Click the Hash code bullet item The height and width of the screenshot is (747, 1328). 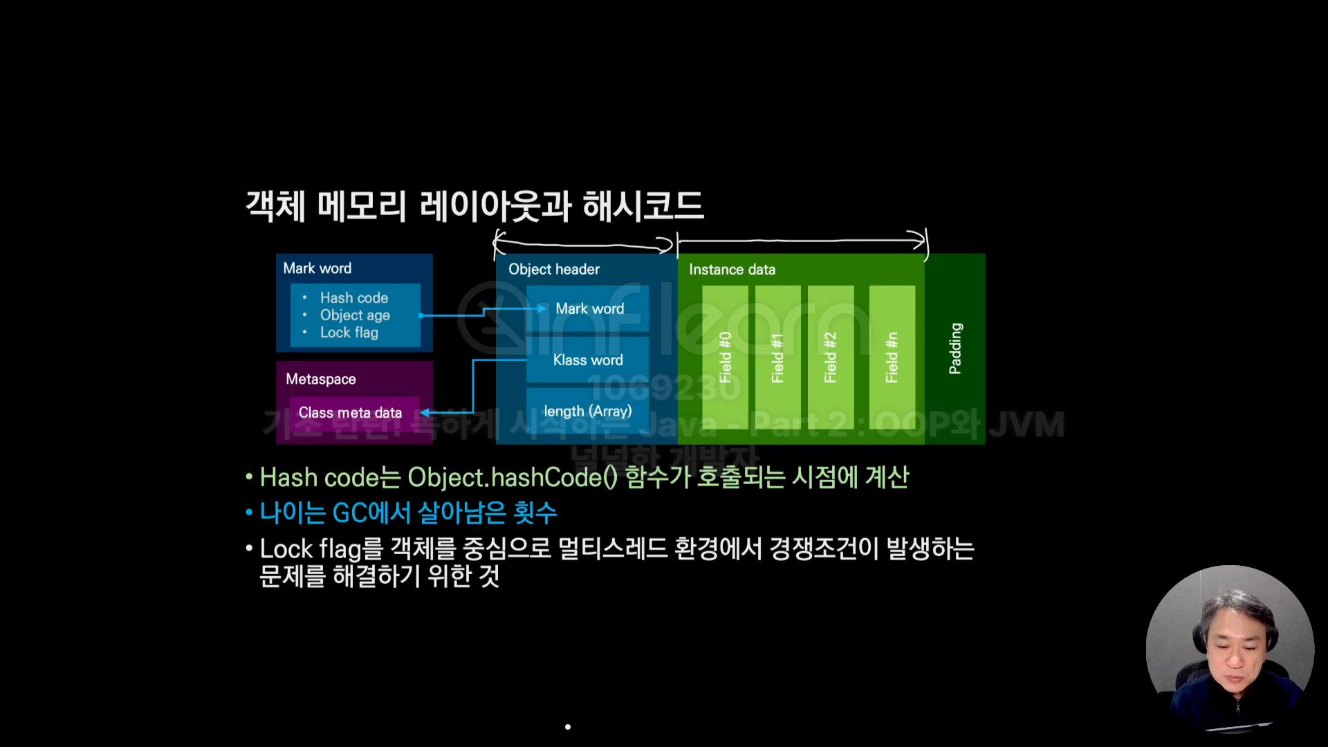pyautogui.click(x=353, y=297)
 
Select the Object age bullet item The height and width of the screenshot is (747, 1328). pyautogui.click(x=355, y=315)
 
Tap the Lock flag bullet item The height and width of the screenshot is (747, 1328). pyautogui.click(x=349, y=333)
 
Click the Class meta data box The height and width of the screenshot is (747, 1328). pyautogui.click(x=350, y=412)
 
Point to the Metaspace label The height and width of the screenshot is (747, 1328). pyautogui.click(x=321, y=379)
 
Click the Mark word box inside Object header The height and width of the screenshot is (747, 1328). pyautogui.click(x=589, y=308)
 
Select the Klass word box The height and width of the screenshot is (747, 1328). pyautogui.click(x=588, y=360)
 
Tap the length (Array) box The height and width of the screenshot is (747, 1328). pyautogui.click(x=588, y=411)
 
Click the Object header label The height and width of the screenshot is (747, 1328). pyautogui.click(x=554, y=269)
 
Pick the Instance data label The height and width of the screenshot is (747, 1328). pyautogui.click(x=732, y=269)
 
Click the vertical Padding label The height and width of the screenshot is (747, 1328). pyautogui.click(x=955, y=348)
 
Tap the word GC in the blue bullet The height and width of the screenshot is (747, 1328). pyautogui.click(x=350, y=513)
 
